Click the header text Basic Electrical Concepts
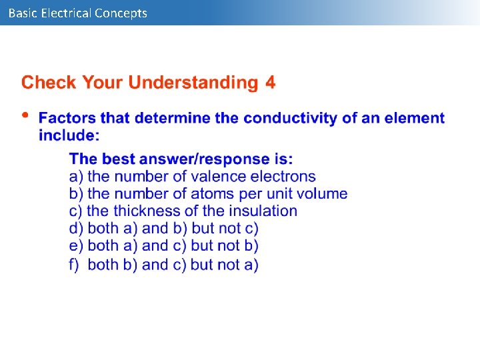coord(78,13)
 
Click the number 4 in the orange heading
coord(270,83)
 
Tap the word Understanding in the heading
coord(193,83)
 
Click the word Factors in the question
coord(67,118)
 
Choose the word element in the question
coord(417,118)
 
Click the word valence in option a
coord(219,177)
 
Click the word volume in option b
coord(323,194)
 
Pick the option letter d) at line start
coord(76,229)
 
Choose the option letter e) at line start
coord(76,246)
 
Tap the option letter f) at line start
coord(75,265)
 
